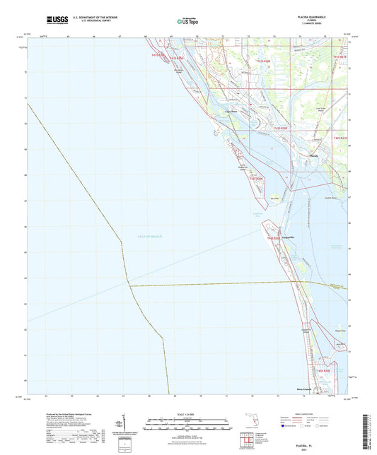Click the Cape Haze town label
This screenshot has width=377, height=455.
[231, 111]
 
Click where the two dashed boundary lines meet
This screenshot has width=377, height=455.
[129, 285]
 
